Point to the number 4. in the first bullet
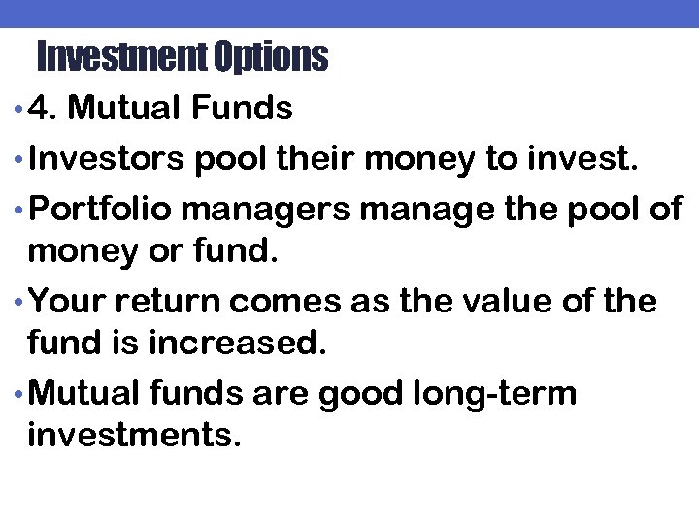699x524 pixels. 44,109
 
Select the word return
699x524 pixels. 158,301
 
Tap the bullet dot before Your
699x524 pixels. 21,302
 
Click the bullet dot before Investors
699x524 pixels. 21,161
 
